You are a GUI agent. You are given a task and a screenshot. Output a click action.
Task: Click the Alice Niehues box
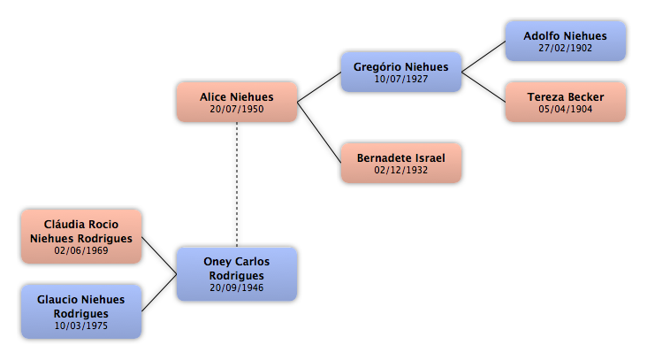(x=237, y=102)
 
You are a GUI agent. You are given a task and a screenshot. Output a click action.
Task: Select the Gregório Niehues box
(x=401, y=72)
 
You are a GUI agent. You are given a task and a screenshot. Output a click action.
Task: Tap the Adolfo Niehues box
(x=566, y=42)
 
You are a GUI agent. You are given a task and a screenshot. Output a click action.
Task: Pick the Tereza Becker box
(x=566, y=102)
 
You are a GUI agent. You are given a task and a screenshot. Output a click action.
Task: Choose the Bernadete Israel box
(x=401, y=163)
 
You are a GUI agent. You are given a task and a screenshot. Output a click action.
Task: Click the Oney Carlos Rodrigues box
(x=237, y=274)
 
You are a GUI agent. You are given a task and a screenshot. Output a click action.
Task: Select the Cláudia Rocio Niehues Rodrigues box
(x=81, y=236)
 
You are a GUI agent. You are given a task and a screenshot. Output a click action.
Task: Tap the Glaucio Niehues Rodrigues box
(x=81, y=311)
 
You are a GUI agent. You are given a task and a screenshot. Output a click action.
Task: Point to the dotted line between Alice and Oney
(x=237, y=185)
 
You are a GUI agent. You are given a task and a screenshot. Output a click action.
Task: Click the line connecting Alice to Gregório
(x=319, y=87)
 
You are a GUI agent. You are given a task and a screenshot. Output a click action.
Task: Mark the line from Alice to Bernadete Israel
(x=319, y=133)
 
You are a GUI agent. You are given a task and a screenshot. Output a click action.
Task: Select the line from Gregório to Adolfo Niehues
(x=483, y=57)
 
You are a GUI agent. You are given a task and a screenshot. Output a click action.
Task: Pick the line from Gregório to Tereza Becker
(x=483, y=87)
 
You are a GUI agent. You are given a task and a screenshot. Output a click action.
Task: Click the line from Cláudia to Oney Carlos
(x=159, y=256)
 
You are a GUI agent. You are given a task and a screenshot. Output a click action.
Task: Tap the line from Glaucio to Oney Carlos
(x=159, y=293)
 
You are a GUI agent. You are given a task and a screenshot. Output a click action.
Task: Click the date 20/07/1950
(x=237, y=109)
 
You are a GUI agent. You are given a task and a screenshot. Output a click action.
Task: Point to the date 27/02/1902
(x=566, y=48)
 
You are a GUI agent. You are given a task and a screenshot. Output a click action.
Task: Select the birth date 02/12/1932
(x=401, y=170)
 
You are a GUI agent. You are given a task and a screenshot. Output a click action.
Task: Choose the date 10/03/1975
(x=81, y=326)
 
